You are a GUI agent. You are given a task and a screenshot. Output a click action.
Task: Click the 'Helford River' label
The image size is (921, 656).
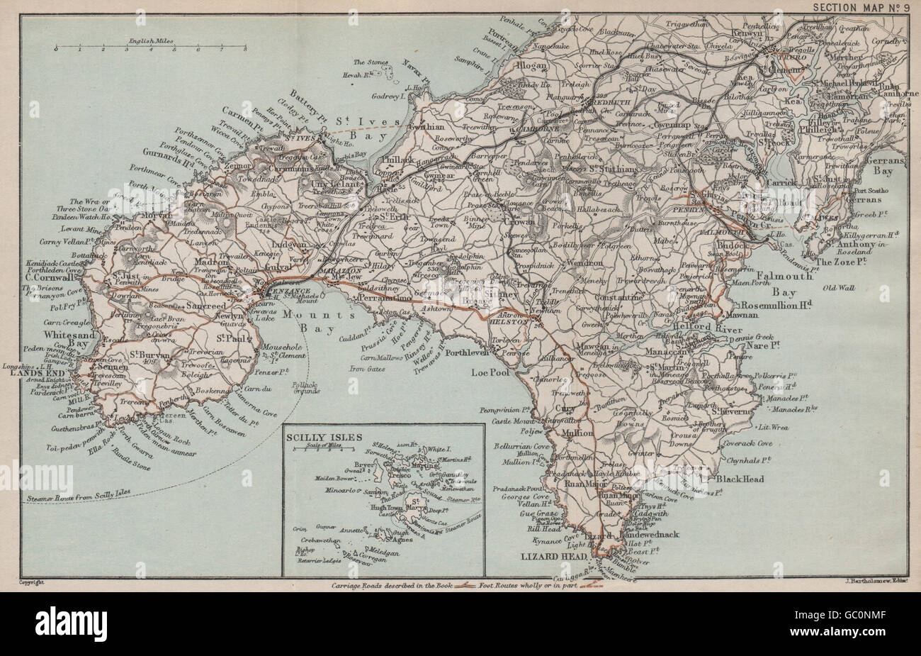click(x=720, y=329)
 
